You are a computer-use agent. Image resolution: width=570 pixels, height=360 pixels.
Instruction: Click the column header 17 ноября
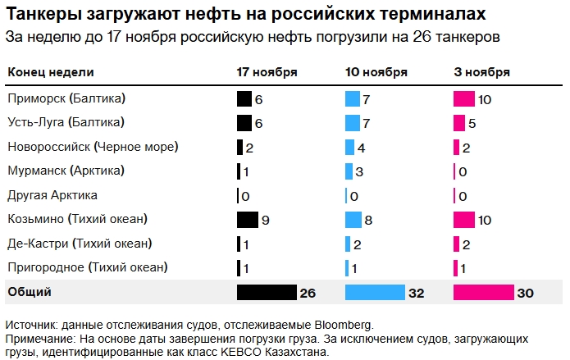click(267, 72)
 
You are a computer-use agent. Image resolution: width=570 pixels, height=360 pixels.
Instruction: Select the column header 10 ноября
click(376, 72)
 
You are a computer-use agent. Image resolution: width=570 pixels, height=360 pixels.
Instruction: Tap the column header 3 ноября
click(482, 72)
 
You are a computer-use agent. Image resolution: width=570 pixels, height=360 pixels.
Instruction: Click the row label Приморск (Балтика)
click(66, 99)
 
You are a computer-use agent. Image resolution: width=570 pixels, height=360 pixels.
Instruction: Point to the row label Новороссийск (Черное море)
click(93, 148)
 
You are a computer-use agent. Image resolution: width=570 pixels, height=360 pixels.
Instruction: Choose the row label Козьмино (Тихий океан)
click(77, 220)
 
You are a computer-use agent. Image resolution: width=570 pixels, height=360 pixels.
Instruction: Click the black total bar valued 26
click(266, 293)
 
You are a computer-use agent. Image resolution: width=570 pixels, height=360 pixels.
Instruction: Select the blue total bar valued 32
click(375, 293)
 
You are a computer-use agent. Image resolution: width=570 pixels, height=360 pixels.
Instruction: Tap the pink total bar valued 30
click(482, 293)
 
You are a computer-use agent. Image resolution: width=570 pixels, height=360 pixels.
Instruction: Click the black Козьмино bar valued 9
click(247, 220)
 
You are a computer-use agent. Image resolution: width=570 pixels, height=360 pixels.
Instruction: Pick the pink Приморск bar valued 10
click(464, 99)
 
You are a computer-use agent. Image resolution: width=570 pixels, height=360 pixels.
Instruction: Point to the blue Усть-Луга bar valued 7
click(353, 123)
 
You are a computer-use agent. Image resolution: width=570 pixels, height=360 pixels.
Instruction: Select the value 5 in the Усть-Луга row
click(472, 123)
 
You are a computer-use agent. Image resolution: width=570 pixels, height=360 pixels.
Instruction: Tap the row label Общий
click(30, 292)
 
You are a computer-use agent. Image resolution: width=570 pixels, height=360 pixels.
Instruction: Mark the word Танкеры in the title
click(41, 15)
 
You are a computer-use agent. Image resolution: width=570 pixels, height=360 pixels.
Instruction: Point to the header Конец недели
click(50, 72)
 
